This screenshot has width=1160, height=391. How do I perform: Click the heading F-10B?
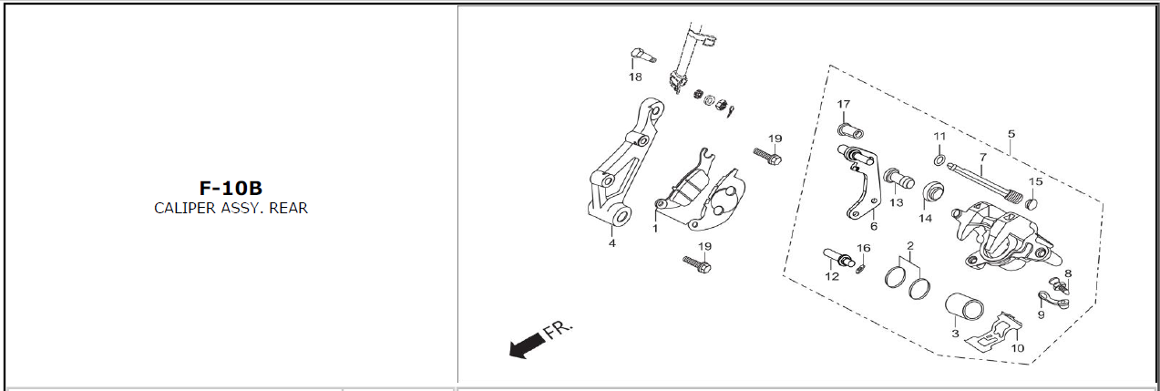click(231, 188)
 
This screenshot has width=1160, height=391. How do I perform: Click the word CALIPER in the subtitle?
click(185, 208)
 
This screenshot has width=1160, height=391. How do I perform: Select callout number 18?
click(635, 77)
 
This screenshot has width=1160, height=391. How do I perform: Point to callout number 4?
click(612, 243)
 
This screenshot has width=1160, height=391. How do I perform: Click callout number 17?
click(844, 104)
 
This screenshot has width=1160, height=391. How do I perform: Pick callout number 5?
click(1011, 134)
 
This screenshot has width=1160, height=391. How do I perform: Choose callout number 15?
click(1036, 181)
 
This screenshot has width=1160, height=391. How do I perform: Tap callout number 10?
click(1018, 348)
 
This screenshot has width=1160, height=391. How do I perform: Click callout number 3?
click(956, 334)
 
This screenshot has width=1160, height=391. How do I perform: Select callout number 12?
click(832, 276)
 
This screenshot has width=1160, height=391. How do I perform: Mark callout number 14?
click(926, 219)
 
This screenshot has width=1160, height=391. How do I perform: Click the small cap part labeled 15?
click(1032, 203)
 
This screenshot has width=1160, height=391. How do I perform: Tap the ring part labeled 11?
click(939, 160)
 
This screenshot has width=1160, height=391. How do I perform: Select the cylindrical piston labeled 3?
click(964, 311)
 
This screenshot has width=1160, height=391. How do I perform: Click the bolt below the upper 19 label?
click(767, 156)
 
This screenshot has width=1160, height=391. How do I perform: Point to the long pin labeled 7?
click(985, 184)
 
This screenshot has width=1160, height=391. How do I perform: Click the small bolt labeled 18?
click(643, 56)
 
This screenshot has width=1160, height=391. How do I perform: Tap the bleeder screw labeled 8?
click(1060, 286)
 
